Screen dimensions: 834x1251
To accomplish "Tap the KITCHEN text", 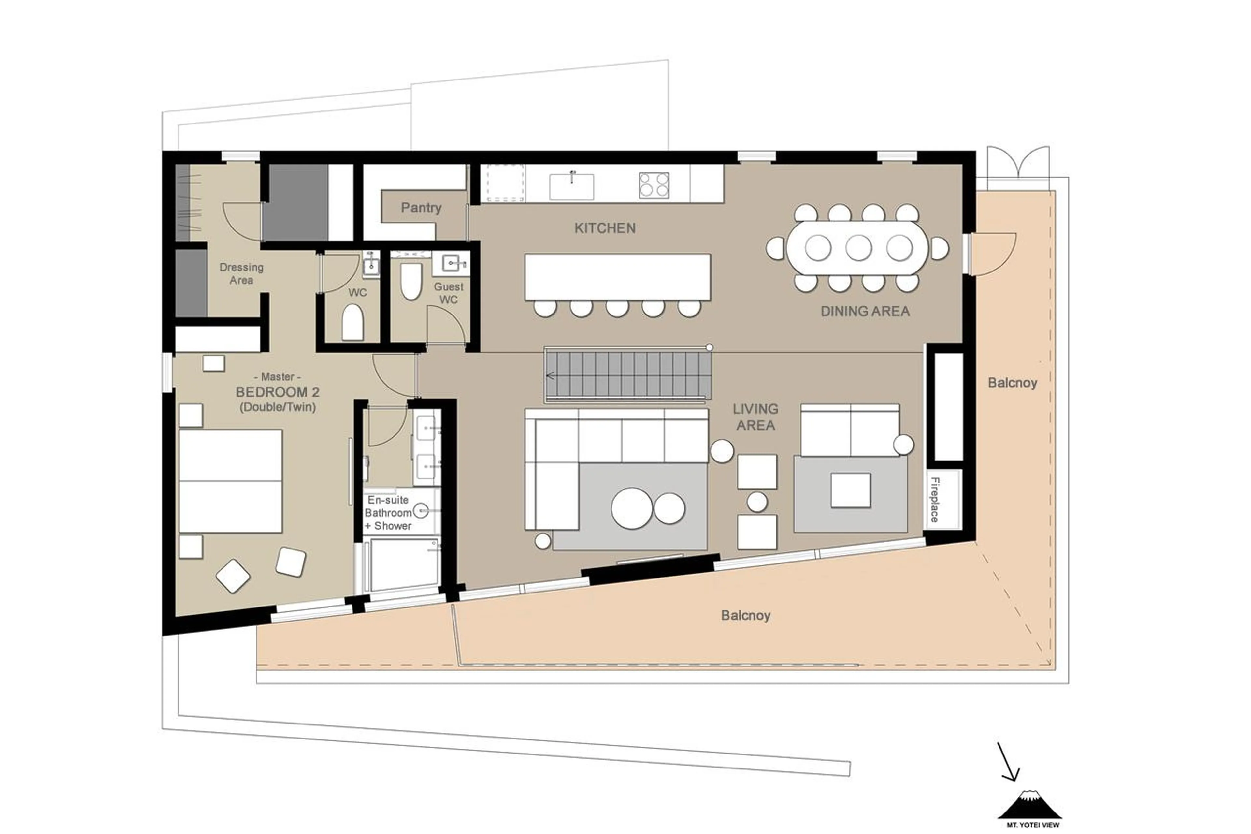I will [605, 228].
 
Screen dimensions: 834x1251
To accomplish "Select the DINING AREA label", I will [865, 311].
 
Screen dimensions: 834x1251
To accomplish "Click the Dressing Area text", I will [241, 273].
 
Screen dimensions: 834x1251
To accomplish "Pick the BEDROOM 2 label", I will [278, 392].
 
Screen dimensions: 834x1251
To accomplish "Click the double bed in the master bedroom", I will [230, 481].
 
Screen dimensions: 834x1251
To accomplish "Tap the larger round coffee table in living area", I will [631, 508].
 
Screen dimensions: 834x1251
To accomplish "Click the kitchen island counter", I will [617, 277].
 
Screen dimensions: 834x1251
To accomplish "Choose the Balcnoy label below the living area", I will [745, 615].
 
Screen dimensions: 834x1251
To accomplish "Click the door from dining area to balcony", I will [992, 254].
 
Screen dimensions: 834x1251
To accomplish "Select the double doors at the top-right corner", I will [1018, 164].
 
